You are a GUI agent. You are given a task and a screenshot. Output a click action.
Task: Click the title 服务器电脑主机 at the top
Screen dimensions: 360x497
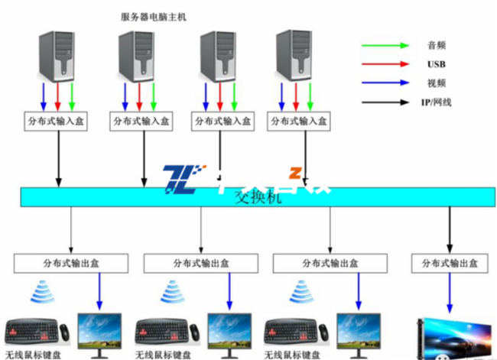[x=154, y=15]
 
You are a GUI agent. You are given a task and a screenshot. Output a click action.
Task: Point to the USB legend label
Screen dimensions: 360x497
[x=437, y=63]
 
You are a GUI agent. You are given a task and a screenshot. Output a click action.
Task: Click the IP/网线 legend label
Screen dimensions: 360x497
[x=437, y=101]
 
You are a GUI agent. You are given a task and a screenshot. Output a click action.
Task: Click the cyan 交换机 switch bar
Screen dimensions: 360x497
[x=252, y=196]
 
